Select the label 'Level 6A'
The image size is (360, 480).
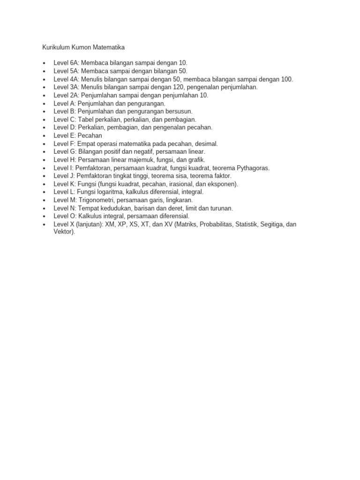pyautogui.click(x=66, y=63)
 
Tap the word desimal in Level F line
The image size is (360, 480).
pyautogui.click(x=205, y=143)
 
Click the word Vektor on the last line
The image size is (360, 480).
pyautogui.click(x=63, y=232)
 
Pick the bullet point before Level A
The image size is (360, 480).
pyautogui.click(x=44, y=104)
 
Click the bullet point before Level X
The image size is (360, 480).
pyautogui.click(x=44, y=225)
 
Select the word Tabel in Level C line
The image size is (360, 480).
pyautogui.click(x=86, y=120)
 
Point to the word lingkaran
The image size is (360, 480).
pyautogui.click(x=178, y=200)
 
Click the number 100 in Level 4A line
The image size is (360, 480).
pyautogui.click(x=287, y=79)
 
